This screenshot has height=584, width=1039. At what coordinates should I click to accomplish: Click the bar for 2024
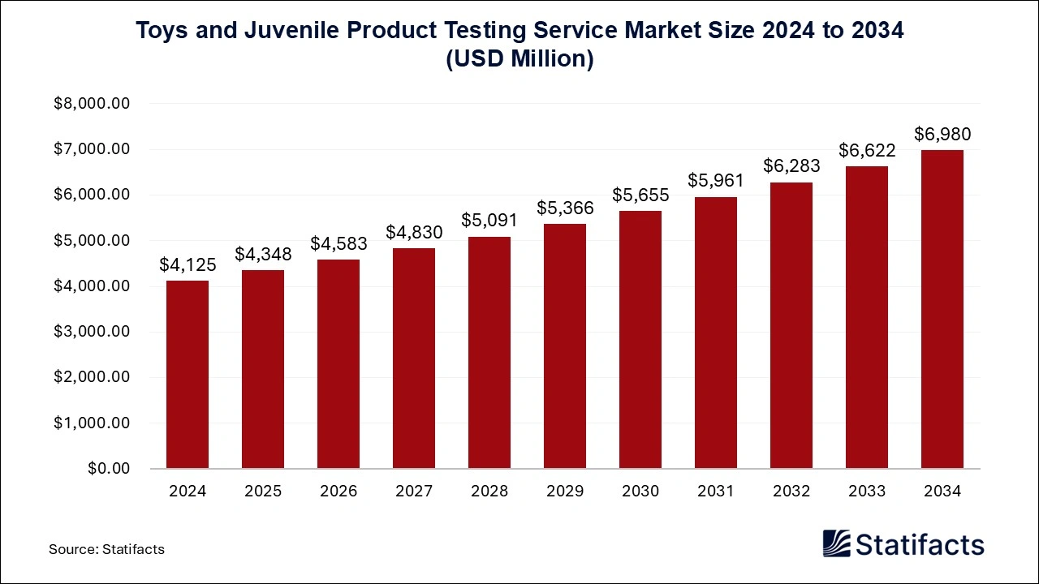pyautogui.click(x=188, y=375)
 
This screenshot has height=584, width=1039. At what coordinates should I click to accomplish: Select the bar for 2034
pyautogui.click(x=942, y=309)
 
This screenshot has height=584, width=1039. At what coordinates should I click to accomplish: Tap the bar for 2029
pyautogui.click(x=565, y=346)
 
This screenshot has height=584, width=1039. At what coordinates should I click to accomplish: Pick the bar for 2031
pyautogui.click(x=716, y=333)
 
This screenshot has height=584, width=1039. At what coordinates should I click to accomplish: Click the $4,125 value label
pyautogui.click(x=188, y=264)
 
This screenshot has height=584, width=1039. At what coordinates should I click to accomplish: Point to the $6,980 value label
pyautogui.click(x=942, y=134)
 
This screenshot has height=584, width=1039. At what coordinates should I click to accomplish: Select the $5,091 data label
pyautogui.click(x=489, y=221)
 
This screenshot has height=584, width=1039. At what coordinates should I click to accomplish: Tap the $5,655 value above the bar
pyautogui.click(x=640, y=195)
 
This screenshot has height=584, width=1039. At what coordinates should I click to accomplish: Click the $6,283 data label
pyautogui.click(x=791, y=165)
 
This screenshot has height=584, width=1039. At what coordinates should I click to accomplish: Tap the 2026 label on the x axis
pyautogui.click(x=338, y=492)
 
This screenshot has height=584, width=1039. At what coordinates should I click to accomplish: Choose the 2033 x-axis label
pyautogui.click(x=867, y=492)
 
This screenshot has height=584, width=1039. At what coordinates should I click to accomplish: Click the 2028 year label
pyautogui.click(x=489, y=492)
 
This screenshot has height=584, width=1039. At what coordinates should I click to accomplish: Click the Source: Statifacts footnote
pyautogui.click(x=106, y=549)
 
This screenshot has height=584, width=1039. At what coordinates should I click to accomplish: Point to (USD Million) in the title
pyautogui.click(x=519, y=60)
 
